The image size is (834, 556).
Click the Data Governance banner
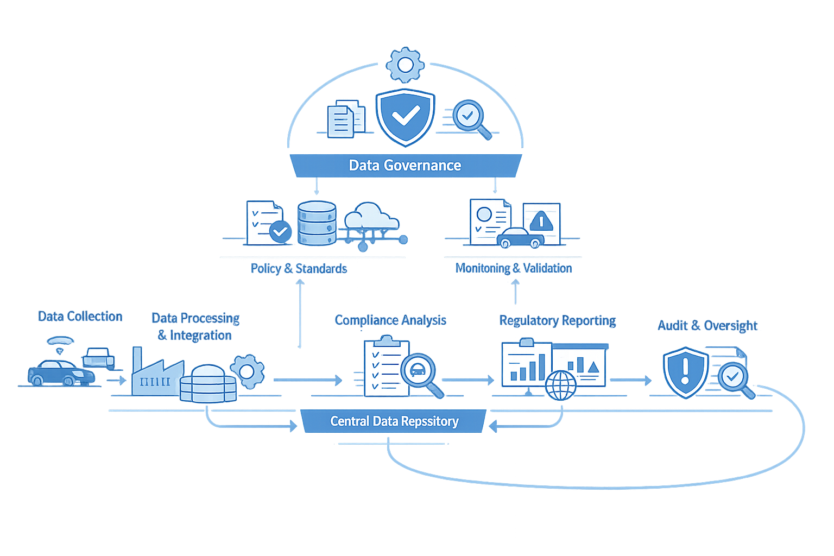405,166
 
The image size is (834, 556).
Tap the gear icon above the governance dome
405,65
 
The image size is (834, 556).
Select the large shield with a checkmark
405,116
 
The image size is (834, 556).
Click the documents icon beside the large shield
346,118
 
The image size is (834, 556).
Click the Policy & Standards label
299,268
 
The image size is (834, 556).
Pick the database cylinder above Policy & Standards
317,223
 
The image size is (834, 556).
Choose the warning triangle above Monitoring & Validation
541,221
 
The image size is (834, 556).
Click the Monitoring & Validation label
514,268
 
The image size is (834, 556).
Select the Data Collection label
80,316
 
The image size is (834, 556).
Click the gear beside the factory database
247,371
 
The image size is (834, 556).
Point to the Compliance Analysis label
390,320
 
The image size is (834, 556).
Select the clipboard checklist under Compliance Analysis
386,368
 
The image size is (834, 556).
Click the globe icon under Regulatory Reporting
561,385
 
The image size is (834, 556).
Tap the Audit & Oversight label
707,326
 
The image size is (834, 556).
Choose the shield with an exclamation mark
685,371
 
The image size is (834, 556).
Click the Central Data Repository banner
394,421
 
